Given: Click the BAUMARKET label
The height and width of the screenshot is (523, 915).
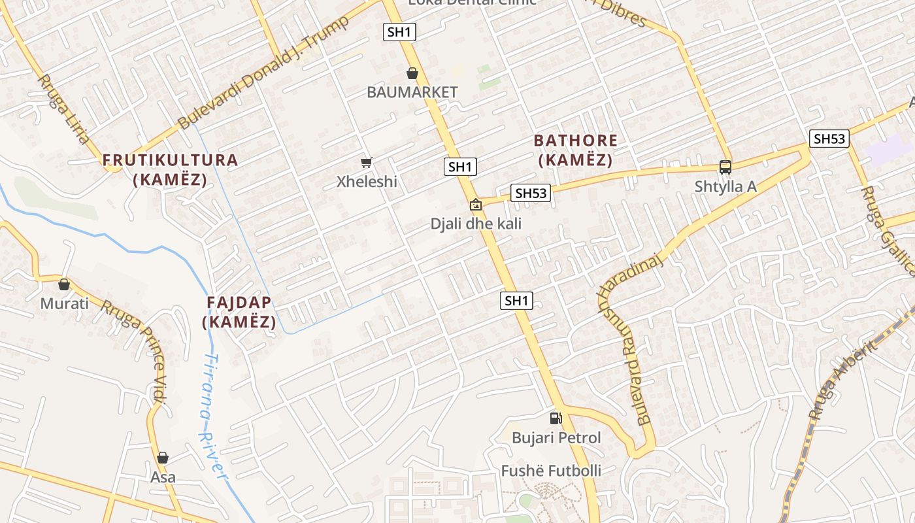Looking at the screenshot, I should pyautogui.click(x=412, y=92).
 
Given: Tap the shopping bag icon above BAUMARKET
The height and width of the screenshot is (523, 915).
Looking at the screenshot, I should pyautogui.click(x=412, y=73).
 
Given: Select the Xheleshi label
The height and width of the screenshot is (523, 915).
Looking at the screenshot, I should pyautogui.click(x=367, y=182).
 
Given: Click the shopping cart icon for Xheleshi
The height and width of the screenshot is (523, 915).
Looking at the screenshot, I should pyautogui.click(x=367, y=162).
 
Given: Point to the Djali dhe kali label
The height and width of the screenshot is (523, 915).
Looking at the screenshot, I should pyautogui.click(x=476, y=224).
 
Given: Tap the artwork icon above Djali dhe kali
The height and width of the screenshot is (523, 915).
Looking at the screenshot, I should pyautogui.click(x=476, y=205).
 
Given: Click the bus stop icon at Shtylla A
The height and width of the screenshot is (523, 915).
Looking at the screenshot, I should pyautogui.click(x=725, y=167).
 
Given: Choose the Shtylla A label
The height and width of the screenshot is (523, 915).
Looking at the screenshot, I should pyautogui.click(x=725, y=187).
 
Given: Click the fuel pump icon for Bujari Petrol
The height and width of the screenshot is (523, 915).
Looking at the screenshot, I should pyautogui.click(x=556, y=418).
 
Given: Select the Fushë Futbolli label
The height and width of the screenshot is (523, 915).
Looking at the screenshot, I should pyautogui.click(x=551, y=471).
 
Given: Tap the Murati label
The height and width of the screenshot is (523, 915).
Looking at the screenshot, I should pyautogui.click(x=64, y=304).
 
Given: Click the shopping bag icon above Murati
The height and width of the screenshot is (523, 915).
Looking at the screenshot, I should pyautogui.click(x=64, y=284).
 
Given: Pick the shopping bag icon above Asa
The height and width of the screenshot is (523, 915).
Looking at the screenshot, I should pyautogui.click(x=163, y=458).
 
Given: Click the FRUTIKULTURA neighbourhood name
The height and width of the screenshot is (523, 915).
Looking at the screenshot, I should pyautogui.click(x=170, y=160).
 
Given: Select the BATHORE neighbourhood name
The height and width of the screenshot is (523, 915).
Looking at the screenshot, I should pyautogui.click(x=575, y=141).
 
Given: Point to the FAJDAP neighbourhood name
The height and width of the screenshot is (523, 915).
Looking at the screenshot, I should pyautogui.click(x=239, y=303).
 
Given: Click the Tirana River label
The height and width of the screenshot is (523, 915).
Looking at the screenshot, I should pyautogui.click(x=213, y=418).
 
